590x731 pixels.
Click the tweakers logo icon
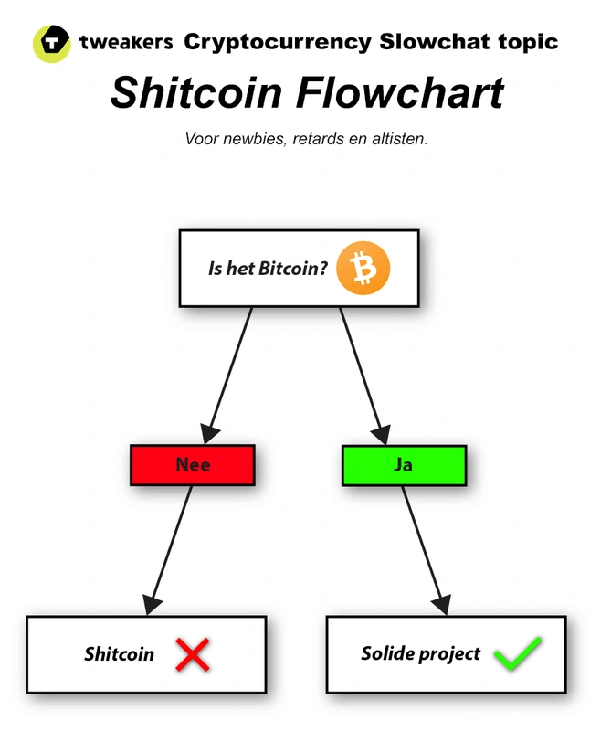tap(51, 43)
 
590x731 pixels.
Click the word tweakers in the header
tap(126, 42)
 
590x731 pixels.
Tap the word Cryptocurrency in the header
tap(278, 42)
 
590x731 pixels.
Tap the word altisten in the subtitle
tap(396, 140)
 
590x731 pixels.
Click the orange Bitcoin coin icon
tap(363, 270)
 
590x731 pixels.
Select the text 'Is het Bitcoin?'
tap(268, 270)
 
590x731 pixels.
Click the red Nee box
tap(193, 465)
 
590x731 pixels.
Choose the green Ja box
tap(403, 465)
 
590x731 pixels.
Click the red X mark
tap(193, 653)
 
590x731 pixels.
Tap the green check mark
tap(518, 653)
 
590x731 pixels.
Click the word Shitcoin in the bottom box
tap(119, 654)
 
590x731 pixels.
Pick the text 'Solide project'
tap(420, 654)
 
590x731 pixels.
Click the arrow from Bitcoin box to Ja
tap(362, 370)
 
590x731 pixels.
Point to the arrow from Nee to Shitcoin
tap(171, 548)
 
